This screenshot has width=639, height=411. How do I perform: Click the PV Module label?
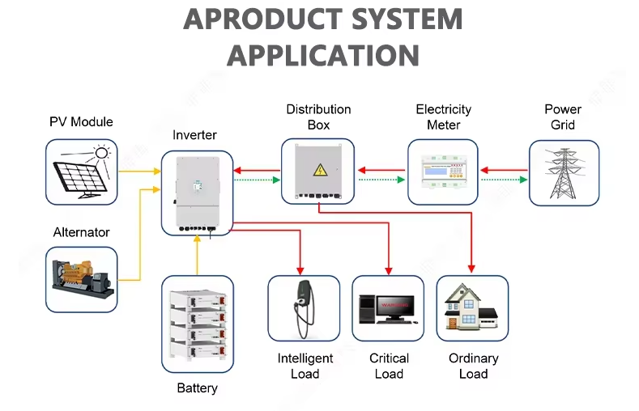click(x=81, y=122)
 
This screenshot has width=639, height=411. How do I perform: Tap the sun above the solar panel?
click(x=101, y=152)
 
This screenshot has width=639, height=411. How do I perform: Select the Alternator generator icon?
click(x=81, y=279)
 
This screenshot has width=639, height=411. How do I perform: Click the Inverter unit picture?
click(x=197, y=192)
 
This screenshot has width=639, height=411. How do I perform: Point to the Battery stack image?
click(x=198, y=324)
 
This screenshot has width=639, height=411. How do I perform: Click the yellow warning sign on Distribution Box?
click(x=319, y=170)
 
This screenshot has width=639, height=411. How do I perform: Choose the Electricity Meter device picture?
click(x=443, y=172)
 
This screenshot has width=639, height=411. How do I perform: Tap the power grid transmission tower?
click(x=564, y=172)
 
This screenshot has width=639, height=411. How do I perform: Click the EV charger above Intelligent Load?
click(x=304, y=309)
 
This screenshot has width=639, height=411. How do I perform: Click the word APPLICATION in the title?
click(x=322, y=55)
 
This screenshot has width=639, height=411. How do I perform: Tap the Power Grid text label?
click(x=563, y=117)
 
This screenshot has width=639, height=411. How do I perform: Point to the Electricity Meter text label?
click(x=443, y=117)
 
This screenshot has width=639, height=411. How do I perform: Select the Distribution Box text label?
click(x=318, y=117)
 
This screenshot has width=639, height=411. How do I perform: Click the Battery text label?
click(x=198, y=388)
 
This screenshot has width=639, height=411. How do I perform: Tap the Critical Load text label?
click(x=389, y=366)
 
